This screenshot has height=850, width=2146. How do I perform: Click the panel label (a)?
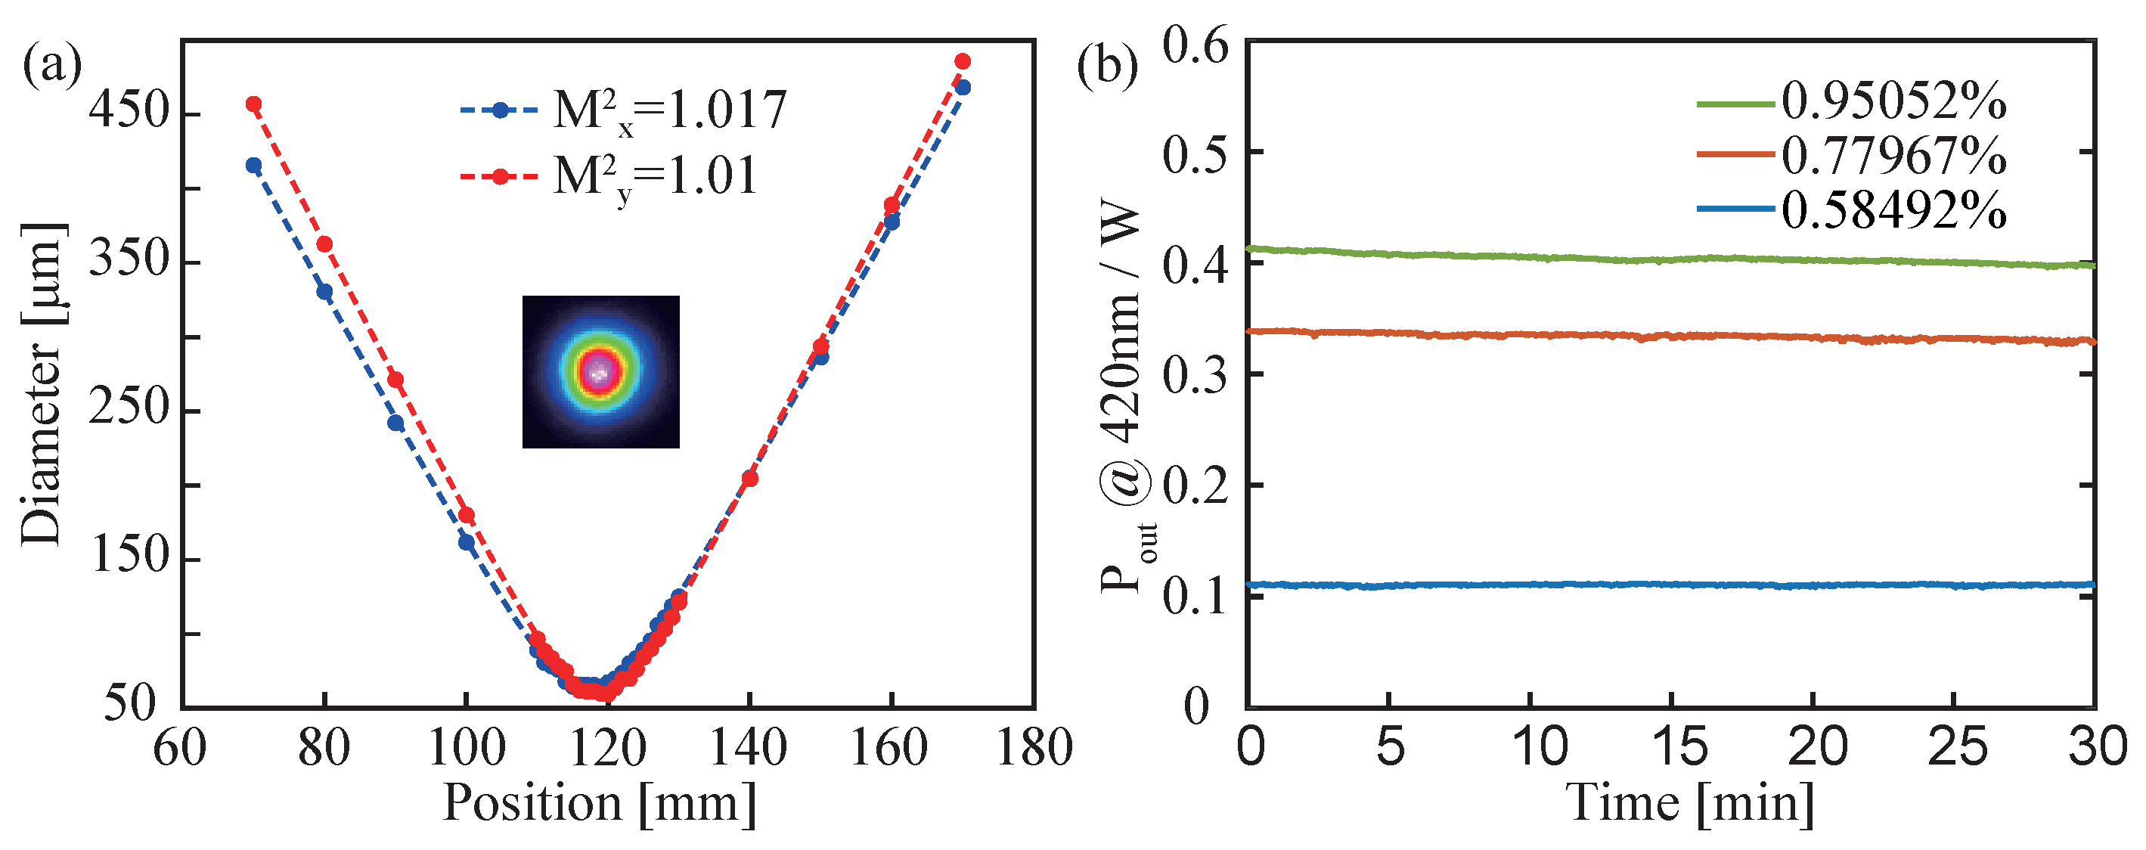click(x=51, y=67)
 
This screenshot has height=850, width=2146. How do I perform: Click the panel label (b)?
click(x=1107, y=67)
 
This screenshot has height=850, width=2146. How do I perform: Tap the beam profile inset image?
click(x=600, y=371)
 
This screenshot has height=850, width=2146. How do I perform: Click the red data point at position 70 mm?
click(x=254, y=104)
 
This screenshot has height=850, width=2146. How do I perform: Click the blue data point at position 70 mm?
click(x=254, y=166)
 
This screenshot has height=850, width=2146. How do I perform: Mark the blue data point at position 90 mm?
click(x=395, y=423)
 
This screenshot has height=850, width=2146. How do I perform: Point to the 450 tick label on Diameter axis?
click(x=129, y=111)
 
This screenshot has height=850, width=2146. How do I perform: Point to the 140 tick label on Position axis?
click(x=747, y=747)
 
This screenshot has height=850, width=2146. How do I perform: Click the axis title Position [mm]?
click(x=599, y=803)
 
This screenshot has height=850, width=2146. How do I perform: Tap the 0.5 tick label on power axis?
click(x=1196, y=154)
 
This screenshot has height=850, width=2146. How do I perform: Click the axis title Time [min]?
click(x=1690, y=803)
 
